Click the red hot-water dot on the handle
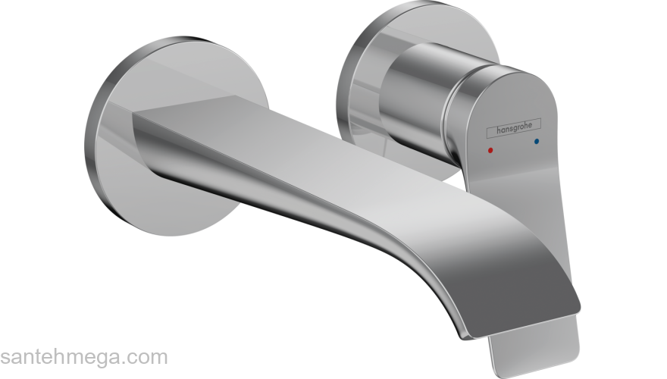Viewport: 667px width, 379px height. (x=490, y=150)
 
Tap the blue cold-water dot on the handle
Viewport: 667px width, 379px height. (x=536, y=141)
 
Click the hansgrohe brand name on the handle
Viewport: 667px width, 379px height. (x=514, y=128)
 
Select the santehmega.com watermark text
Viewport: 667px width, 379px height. (x=84, y=357)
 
